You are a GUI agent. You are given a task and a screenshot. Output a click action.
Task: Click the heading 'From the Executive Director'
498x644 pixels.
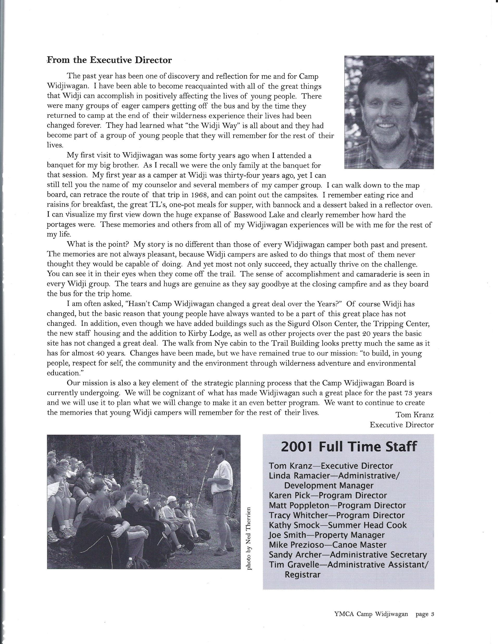pos(109,60)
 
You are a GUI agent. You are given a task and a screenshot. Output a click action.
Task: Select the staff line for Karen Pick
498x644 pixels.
pos(328,495)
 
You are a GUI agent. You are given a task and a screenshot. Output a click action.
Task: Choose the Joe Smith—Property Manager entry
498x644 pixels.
pos(327,535)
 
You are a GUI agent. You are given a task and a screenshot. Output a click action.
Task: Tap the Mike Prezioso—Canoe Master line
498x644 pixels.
pos(327,545)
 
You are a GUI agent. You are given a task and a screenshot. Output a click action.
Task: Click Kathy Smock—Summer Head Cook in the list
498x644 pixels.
pos(337,525)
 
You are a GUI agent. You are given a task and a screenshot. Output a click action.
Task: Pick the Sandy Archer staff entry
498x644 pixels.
pos(348,555)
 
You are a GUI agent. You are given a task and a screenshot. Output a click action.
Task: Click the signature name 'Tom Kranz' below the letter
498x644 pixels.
pos(414,415)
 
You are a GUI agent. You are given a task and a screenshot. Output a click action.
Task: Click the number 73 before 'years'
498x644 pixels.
pos(408,393)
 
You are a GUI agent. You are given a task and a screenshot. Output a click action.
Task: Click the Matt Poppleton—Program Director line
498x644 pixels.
pos(337,505)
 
